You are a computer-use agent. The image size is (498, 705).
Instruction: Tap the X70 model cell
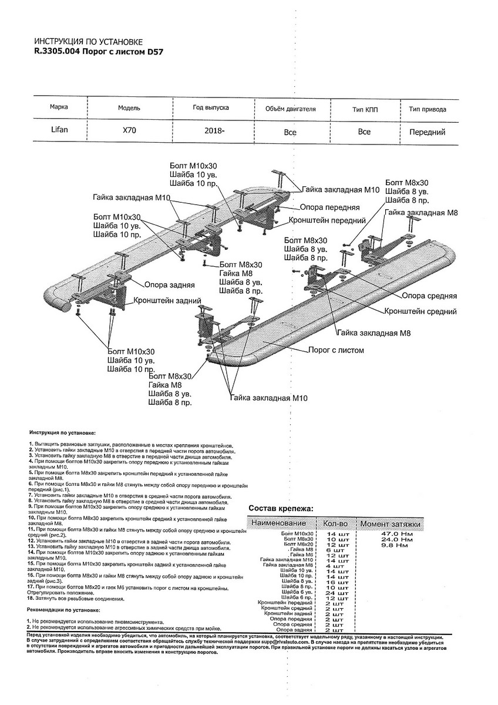click(129, 131)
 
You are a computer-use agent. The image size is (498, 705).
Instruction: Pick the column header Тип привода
click(427, 109)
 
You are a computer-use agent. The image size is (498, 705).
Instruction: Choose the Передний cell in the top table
click(427, 132)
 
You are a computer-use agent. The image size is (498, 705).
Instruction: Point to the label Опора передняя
click(329, 207)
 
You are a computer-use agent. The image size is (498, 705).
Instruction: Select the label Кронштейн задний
click(166, 299)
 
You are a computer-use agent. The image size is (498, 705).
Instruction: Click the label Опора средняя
click(428, 296)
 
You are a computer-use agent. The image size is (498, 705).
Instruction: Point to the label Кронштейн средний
click(420, 311)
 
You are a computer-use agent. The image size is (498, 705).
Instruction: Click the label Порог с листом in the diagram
click(336, 350)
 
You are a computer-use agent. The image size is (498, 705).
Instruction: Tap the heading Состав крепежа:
click(281, 508)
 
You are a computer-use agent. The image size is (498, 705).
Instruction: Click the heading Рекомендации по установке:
click(63, 610)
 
